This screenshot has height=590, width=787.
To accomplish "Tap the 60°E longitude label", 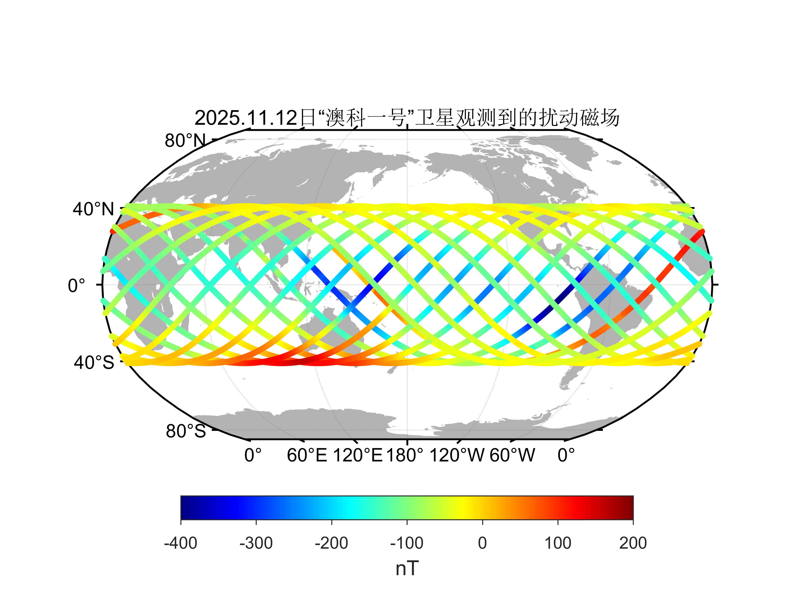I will tap(307, 455).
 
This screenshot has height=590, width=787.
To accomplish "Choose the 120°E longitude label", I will tap(358, 455).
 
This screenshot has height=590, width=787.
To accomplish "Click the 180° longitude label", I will tap(405, 455).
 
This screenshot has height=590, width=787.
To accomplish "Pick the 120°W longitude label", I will tap(457, 455).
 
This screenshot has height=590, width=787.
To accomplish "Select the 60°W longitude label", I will tap(512, 455).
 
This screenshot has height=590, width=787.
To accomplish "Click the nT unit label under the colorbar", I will tap(407, 568).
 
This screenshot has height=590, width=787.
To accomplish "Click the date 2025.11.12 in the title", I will tap(246, 118).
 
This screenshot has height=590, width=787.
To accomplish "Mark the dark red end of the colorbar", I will tap(629, 508).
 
